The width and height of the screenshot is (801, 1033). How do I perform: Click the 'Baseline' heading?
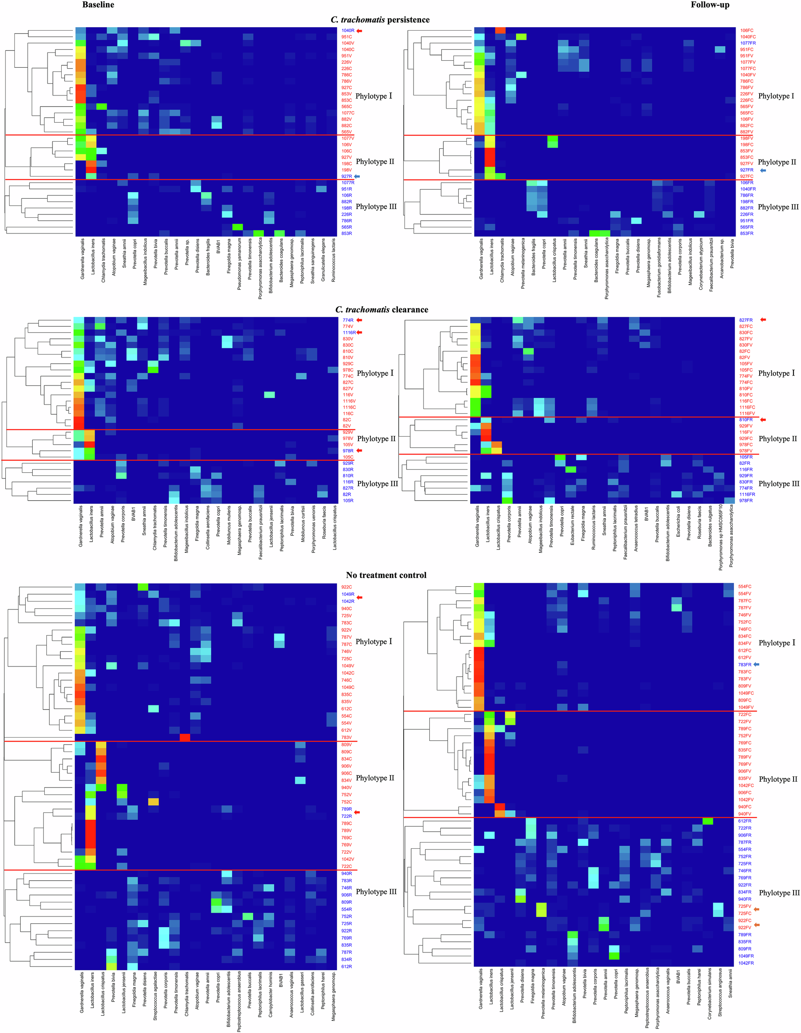[x=98, y=5]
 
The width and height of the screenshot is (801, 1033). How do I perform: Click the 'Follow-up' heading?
[x=710, y=5]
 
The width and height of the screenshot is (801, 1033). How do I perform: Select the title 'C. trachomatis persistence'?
[x=380, y=19]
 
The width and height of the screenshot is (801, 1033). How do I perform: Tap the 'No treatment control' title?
[x=386, y=575]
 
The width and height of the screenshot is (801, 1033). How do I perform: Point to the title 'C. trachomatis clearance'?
[x=382, y=309]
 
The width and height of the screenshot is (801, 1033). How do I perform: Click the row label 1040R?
[x=347, y=31]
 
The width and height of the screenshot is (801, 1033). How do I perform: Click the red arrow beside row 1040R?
[x=359, y=31]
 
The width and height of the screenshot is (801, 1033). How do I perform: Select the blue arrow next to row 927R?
[x=357, y=176]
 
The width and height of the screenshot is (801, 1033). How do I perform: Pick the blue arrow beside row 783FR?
[x=756, y=664]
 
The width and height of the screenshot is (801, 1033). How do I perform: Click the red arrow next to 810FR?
[x=762, y=419]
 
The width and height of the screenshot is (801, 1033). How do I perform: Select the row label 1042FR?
[x=746, y=963]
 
